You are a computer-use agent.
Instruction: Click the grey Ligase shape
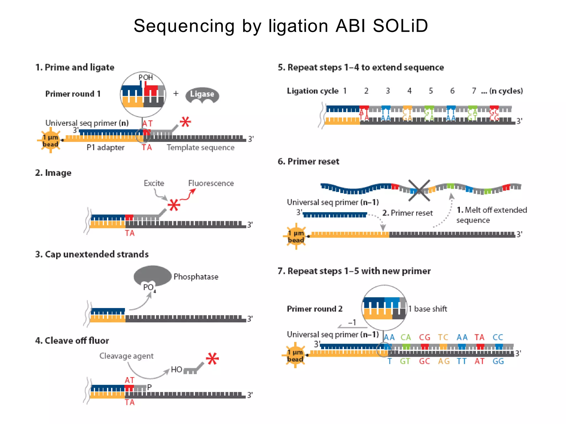click(202, 95)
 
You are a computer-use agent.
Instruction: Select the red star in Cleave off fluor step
click(212, 359)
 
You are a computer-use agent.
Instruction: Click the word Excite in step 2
click(154, 183)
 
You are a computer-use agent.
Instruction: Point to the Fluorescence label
click(211, 183)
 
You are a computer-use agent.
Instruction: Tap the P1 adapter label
click(105, 148)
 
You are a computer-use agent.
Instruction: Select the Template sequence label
click(200, 148)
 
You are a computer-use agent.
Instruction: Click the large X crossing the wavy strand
click(419, 190)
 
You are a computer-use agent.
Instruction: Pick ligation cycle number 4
click(409, 91)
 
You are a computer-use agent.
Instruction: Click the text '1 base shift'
click(428, 309)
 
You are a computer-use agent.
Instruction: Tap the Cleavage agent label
click(126, 356)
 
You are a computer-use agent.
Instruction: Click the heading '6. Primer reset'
click(308, 161)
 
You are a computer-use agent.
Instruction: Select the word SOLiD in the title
click(400, 26)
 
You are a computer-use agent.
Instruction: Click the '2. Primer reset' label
click(407, 213)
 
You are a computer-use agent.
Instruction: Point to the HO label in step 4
click(176, 370)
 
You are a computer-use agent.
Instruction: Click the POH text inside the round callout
click(146, 78)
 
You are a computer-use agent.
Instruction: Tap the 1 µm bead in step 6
click(296, 237)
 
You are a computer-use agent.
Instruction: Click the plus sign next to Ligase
click(176, 94)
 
